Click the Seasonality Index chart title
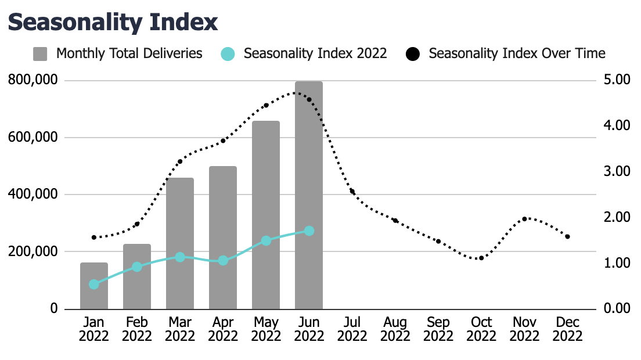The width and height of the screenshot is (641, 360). click(113, 22)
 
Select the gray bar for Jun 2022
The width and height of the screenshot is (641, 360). click(309, 195)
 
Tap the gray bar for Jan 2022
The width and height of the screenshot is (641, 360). click(94, 286)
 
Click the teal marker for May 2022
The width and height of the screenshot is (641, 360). click(266, 240)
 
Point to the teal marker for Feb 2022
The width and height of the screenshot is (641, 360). click(137, 267)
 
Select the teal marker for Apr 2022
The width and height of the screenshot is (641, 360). click(223, 261)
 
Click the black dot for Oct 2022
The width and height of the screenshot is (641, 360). click(481, 258)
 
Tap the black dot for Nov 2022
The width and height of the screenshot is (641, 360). click(524, 219)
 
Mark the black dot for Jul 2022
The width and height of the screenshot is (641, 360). click(352, 192)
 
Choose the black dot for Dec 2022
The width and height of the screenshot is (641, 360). click(567, 237)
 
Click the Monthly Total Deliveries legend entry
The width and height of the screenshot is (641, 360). click(129, 53)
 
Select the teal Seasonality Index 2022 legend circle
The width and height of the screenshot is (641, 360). click(228, 54)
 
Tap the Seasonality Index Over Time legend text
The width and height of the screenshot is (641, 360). click(517, 53)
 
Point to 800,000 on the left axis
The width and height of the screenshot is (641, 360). click(33, 80)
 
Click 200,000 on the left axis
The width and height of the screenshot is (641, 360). click(33, 251)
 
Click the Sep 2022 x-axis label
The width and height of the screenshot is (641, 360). click(438, 329)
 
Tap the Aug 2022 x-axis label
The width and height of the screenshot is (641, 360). click(395, 329)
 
